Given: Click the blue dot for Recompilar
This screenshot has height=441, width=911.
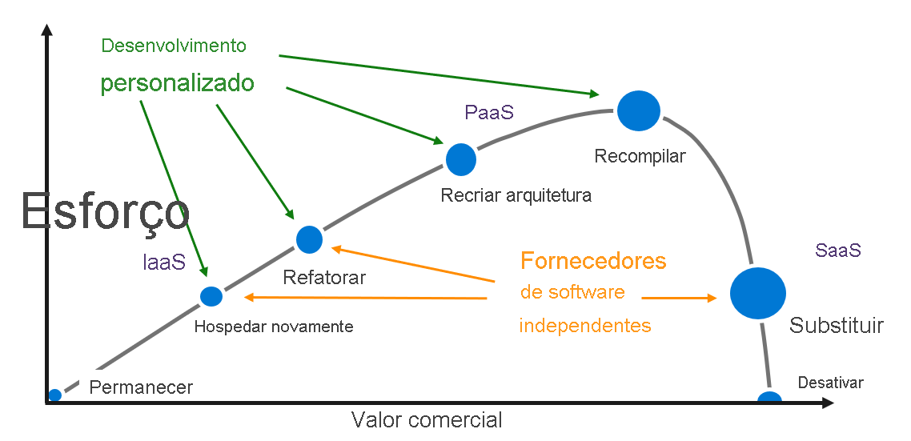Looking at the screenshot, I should pyautogui.click(x=639, y=110).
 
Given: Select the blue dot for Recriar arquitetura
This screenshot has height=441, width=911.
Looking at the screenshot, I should pyautogui.click(x=460, y=159).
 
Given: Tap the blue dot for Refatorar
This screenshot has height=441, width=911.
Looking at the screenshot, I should pyautogui.click(x=309, y=239).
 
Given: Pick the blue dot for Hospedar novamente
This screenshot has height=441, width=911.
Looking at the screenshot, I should pyautogui.click(x=211, y=296).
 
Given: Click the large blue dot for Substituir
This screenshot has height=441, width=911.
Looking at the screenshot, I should pyautogui.click(x=757, y=293).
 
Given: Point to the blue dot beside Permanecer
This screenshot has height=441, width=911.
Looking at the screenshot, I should pyautogui.click(x=54, y=395).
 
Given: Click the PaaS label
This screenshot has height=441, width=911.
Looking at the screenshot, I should pyautogui.click(x=488, y=113).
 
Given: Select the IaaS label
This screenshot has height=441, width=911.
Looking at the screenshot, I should pyautogui.click(x=164, y=262).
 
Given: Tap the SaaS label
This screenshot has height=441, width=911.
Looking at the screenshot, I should pyautogui.click(x=838, y=250).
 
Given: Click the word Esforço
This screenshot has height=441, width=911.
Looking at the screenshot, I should pyautogui.click(x=105, y=213).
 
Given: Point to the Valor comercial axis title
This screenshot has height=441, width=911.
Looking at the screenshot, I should pyautogui.click(x=427, y=419).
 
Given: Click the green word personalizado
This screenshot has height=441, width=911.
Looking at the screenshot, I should pyautogui.click(x=177, y=84).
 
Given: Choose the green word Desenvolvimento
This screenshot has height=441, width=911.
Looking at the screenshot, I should pyautogui.click(x=174, y=46).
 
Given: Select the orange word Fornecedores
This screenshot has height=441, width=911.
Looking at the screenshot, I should pyautogui.click(x=593, y=260).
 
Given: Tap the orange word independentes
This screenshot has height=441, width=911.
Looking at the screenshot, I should pyautogui.click(x=585, y=326).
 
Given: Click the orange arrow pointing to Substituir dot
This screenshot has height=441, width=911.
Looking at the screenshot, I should pyautogui.click(x=680, y=298).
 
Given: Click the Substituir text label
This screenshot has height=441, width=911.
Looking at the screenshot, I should pyautogui.click(x=837, y=326).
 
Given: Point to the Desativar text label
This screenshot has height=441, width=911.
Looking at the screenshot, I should pyautogui.click(x=830, y=383).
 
